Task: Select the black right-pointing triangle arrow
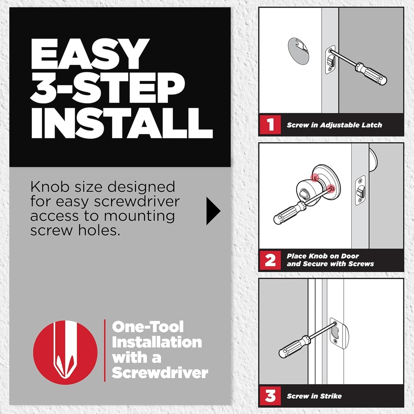213,211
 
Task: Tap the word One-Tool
148,327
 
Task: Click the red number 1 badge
270,125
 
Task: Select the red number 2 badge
270,260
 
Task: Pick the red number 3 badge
270,396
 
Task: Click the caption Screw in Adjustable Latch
334,125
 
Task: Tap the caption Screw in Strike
314,396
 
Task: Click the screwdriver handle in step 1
371,73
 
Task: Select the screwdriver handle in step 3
294,347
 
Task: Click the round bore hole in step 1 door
298,51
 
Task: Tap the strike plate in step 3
338,332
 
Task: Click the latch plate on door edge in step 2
360,190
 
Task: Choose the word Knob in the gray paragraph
47,188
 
